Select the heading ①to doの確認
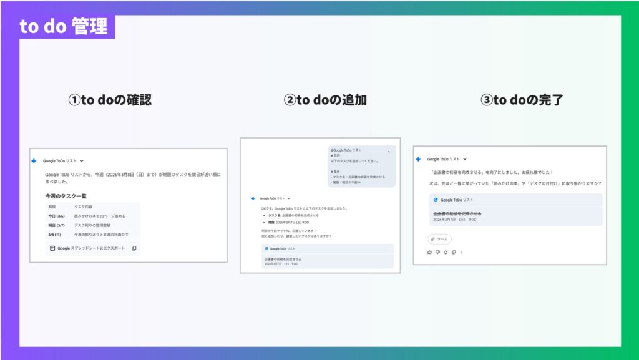coord(109,100)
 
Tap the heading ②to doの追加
coord(325,100)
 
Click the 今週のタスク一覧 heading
coord(66,196)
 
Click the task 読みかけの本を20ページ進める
coord(100,216)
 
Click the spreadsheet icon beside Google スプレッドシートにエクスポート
coord(52,248)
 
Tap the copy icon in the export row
coord(134,248)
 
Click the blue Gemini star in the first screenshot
coord(34,161)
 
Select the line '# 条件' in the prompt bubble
coord(336,170)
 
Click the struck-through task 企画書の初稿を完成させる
coord(457,213)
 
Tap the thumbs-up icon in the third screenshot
coord(429,252)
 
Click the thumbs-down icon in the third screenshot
coord(437,252)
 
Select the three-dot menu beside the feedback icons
coord(462,252)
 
